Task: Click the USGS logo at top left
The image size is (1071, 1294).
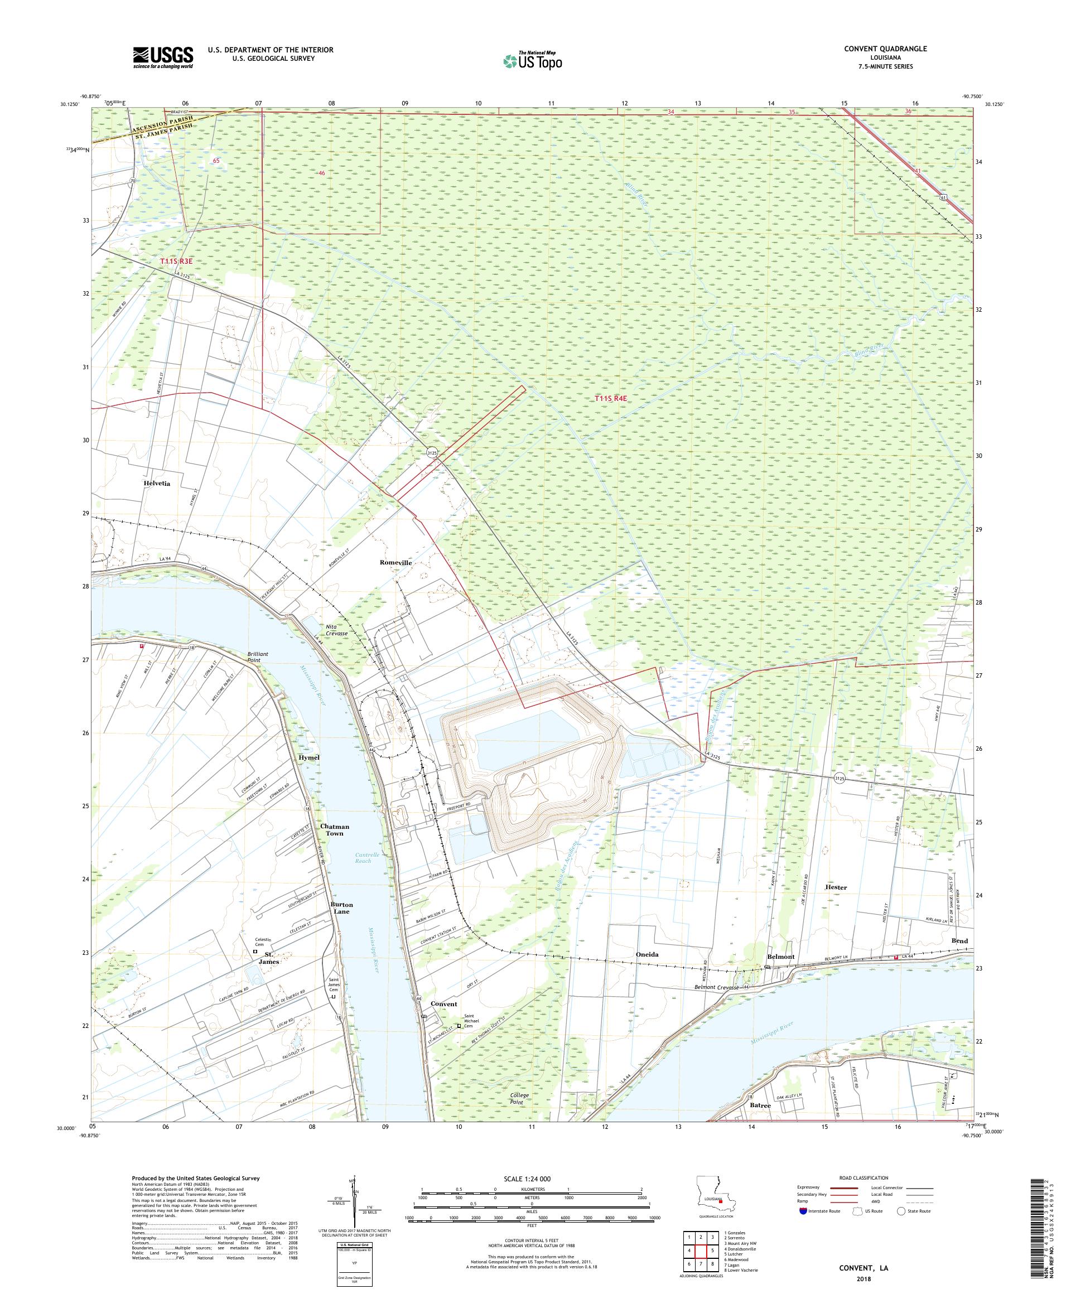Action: tap(163, 57)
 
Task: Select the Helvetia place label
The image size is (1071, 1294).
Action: tap(157, 484)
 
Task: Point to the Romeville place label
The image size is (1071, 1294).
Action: tap(395, 563)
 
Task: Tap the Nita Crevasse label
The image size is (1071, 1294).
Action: tap(336, 630)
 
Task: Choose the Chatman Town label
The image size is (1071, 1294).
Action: tap(335, 829)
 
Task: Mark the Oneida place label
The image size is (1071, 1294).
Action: tap(647, 954)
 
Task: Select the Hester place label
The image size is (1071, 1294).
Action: tap(836, 887)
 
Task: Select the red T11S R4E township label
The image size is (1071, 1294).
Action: tap(610, 399)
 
